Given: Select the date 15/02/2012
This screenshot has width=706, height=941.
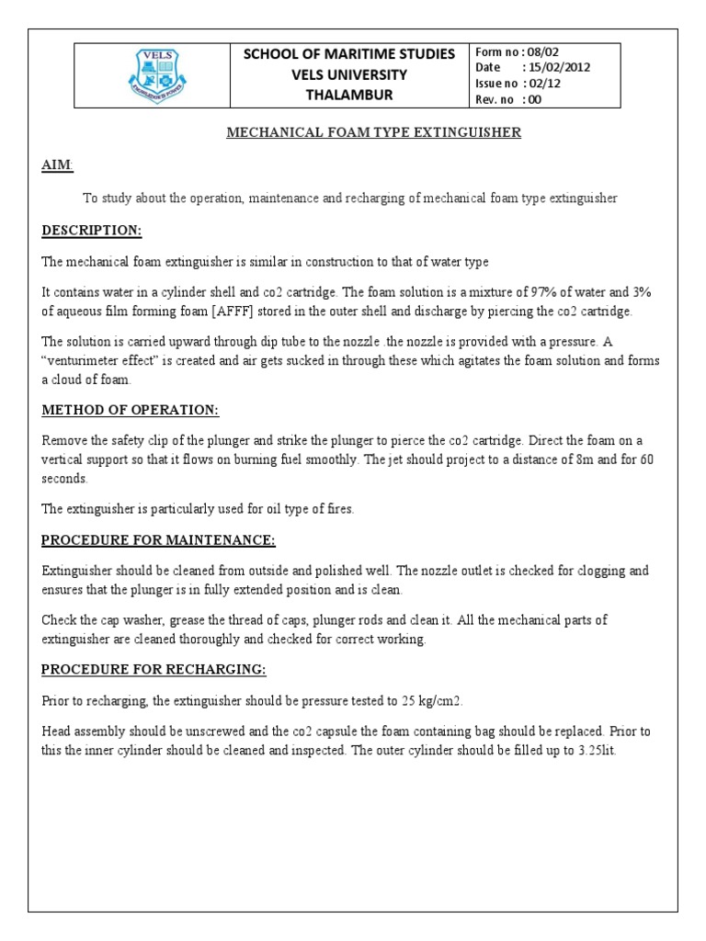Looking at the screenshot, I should point(558,67).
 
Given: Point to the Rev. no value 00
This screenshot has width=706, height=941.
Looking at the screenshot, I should point(537,98).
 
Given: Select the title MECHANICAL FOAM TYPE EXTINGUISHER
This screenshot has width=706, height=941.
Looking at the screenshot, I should point(373,133).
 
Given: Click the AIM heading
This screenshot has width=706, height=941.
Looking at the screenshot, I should point(56,164).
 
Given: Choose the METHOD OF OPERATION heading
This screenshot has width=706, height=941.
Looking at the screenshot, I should point(131,410).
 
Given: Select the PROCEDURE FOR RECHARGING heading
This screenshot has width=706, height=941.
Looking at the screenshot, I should point(154,670).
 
